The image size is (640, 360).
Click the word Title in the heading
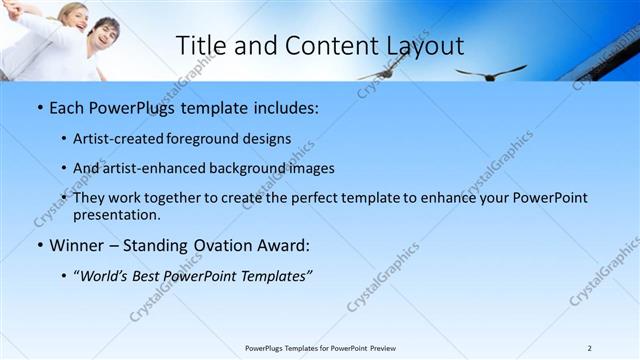point(200,46)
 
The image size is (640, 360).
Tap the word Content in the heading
point(320,46)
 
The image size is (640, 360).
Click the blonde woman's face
point(70,17)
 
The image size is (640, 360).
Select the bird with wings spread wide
point(490,72)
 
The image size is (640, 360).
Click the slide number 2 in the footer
point(589,348)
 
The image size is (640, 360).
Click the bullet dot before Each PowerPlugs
point(38,107)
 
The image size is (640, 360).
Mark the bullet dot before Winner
point(38,245)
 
